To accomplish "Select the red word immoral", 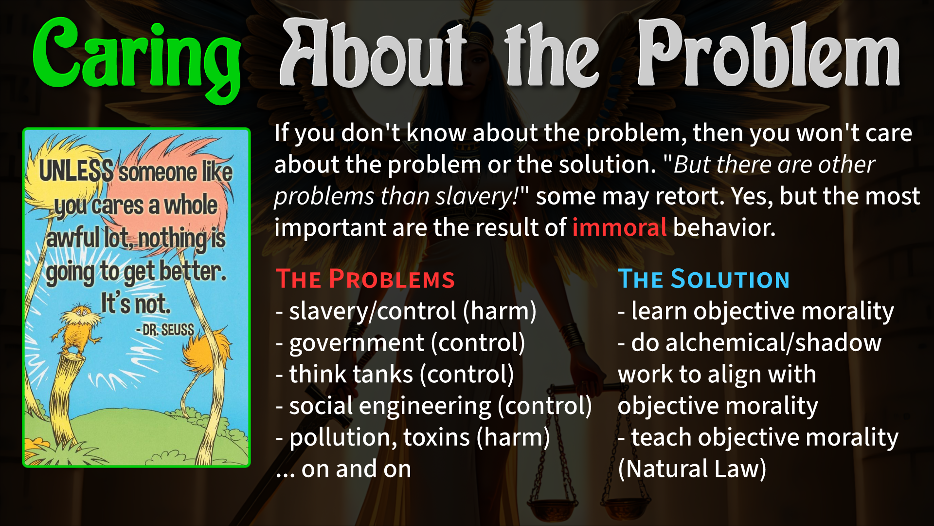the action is coord(619,227).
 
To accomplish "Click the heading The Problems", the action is coord(365,279).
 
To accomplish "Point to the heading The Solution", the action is coord(703,279).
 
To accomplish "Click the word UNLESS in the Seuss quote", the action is coord(76,170).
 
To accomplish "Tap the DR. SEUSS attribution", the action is coord(165,330).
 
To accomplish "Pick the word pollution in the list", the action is coord(343,437).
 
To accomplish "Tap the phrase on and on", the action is coord(356,469).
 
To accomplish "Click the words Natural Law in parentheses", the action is coord(692,469).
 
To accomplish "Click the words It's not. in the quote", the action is coord(136,303).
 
